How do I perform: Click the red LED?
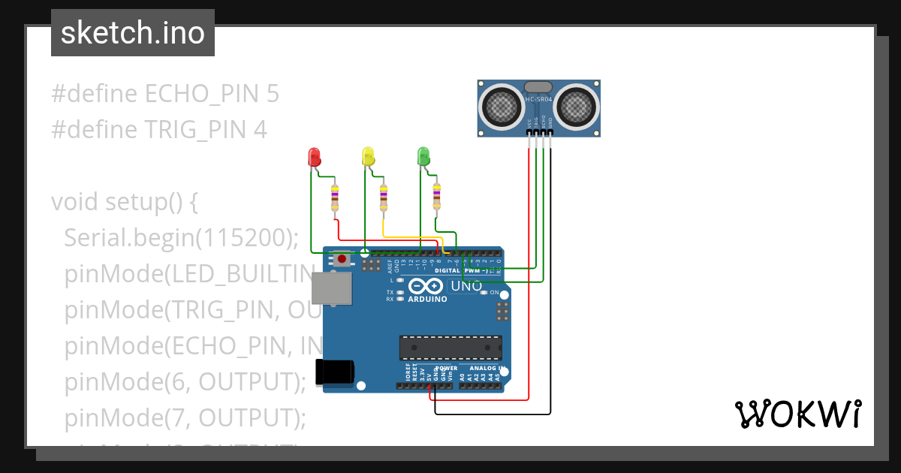(x=315, y=157)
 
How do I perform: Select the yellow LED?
(x=368, y=156)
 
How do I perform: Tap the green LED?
(x=423, y=156)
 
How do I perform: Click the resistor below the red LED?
(x=335, y=198)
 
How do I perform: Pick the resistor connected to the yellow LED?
(x=384, y=198)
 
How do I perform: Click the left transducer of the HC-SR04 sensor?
(x=502, y=105)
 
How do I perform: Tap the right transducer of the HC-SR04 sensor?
(x=577, y=105)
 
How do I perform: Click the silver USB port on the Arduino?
(x=331, y=289)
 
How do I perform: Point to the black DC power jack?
(x=333, y=372)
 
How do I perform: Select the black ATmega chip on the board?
(x=450, y=348)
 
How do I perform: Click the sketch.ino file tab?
(x=133, y=33)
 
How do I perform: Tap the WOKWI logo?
(x=797, y=414)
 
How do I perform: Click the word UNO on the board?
(x=466, y=286)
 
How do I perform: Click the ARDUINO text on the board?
(x=427, y=299)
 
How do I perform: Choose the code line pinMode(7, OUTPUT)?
(x=185, y=417)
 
